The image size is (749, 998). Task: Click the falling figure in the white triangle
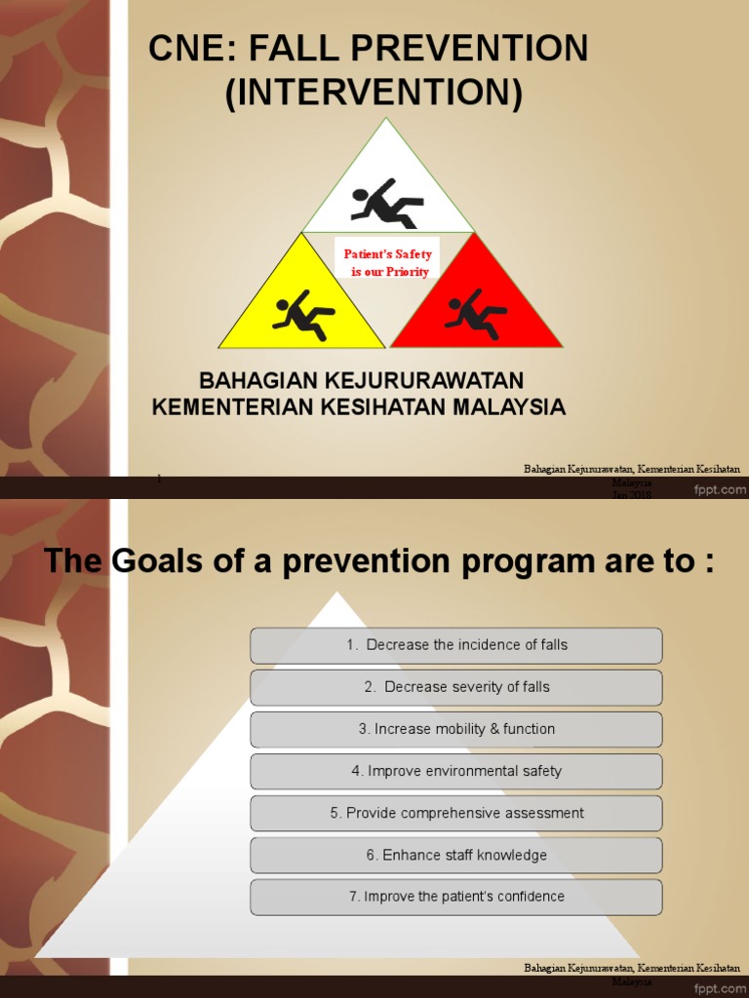pyautogui.click(x=387, y=203)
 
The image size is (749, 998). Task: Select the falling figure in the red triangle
pyautogui.click(x=475, y=314)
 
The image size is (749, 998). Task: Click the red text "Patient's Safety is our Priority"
pyautogui.click(x=388, y=263)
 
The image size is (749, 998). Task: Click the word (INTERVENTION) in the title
pyautogui.click(x=374, y=94)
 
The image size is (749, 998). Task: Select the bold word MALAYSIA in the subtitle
pyautogui.click(x=504, y=406)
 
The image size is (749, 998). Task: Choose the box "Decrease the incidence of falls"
pyautogui.click(x=456, y=645)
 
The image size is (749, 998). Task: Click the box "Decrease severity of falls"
pyautogui.click(x=456, y=687)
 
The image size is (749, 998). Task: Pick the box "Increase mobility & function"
pyautogui.click(x=456, y=729)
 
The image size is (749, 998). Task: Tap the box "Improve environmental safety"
pyautogui.click(x=456, y=771)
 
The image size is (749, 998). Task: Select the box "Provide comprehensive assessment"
pyautogui.click(x=456, y=813)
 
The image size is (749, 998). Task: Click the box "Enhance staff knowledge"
pyautogui.click(x=456, y=855)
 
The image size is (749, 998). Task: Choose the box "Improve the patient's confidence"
pyautogui.click(x=456, y=897)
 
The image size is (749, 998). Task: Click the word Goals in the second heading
pyautogui.click(x=154, y=561)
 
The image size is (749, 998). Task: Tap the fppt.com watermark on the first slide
pyautogui.click(x=720, y=490)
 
